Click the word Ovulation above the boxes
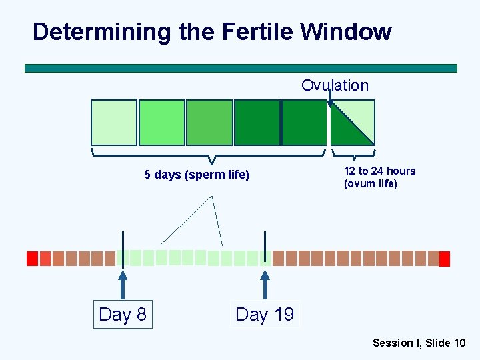click(x=335, y=85)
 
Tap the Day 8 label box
click(x=123, y=314)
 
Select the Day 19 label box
click(x=265, y=314)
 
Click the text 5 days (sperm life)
click(x=197, y=175)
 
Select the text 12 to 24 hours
click(x=379, y=171)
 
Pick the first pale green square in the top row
click(x=114, y=122)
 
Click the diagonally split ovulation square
click(x=353, y=122)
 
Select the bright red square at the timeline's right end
click(x=445, y=259)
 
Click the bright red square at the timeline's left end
click(x=31, y=258)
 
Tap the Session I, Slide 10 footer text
click(x=419, y=343)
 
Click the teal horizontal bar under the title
click(x=241, y=68)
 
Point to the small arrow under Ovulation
click(x=330, y=99)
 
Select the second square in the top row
click(x=161, y=122)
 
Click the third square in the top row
click(x=209, y=122)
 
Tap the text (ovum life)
click(x=370, y=183)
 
